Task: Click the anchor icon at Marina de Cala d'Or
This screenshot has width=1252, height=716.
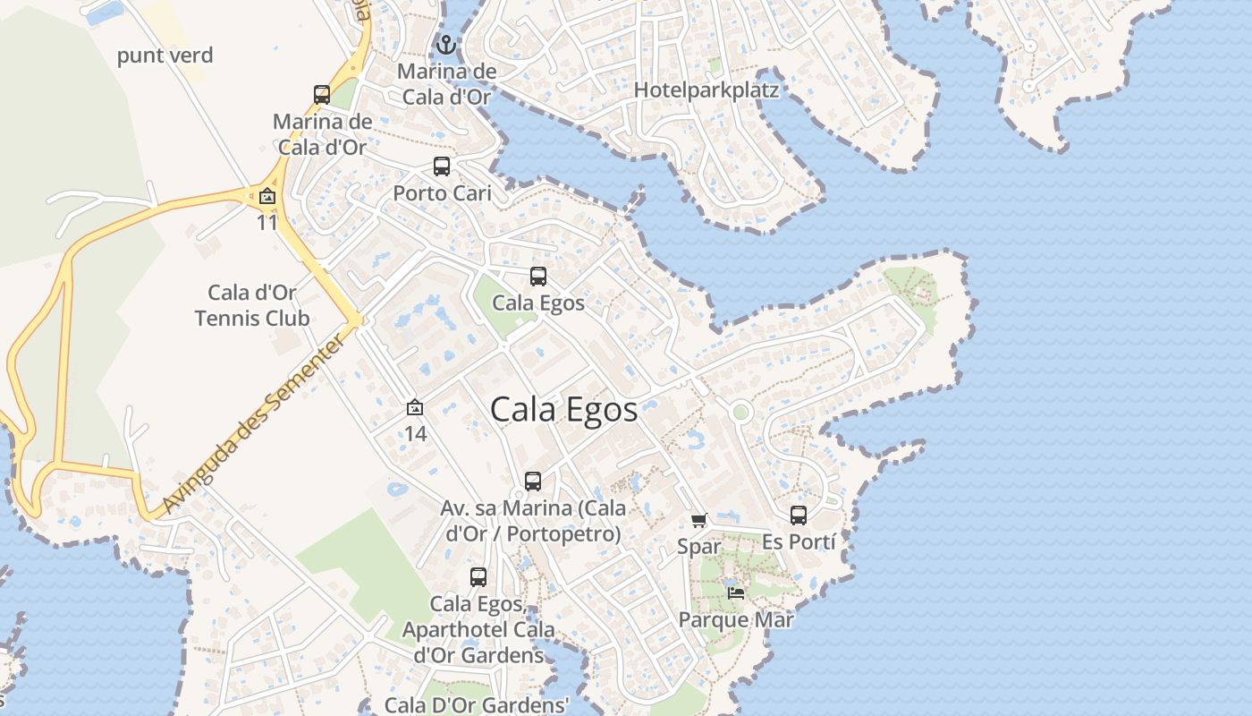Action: (x=445, y=44)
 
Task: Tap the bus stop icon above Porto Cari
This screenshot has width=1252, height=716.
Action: (x=442, y=166)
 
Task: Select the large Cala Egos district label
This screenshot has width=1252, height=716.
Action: (x=563, y=410)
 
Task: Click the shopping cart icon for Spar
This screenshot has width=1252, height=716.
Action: (x=699, y=520)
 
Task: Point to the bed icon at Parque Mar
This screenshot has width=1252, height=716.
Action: (x=736, y=592)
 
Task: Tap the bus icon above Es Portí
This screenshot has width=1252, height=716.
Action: (x=799, y=516)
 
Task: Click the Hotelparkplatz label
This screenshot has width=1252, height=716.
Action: (x=706, y=89)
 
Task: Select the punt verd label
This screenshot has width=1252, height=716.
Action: (x=165, y=55)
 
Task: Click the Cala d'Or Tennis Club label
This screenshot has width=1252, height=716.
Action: (x=252, y=305)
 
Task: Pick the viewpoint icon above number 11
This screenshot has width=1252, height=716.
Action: (x=267, y=196)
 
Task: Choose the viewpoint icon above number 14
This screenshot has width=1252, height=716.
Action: (x=415, y=408)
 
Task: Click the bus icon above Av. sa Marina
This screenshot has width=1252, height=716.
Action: (x=533, y=482)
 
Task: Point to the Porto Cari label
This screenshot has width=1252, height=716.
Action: (x=442, y=193)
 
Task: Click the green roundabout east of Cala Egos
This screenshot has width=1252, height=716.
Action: (x=740, y=412)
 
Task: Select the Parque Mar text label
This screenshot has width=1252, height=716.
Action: (x=736, y=619)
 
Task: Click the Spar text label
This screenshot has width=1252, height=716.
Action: (x=698, y=546)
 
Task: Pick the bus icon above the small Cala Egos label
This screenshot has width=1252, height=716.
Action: (x=538, y=277)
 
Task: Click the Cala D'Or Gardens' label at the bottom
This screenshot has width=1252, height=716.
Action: (x=477, y=705)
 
